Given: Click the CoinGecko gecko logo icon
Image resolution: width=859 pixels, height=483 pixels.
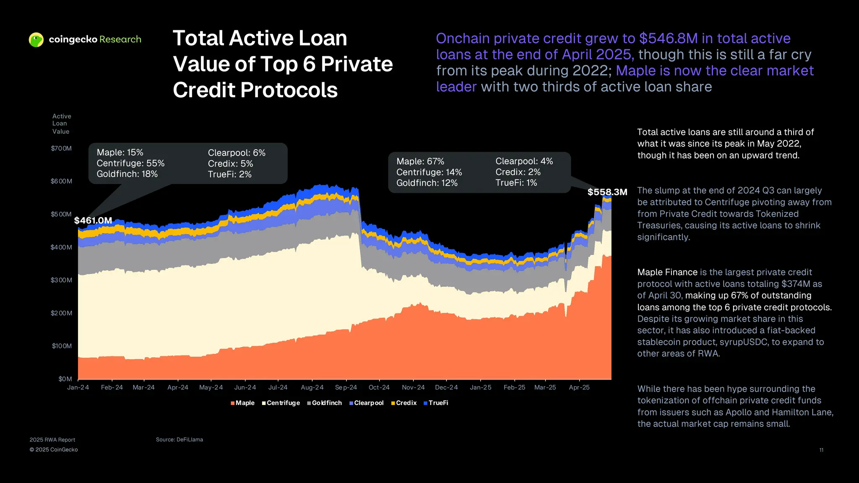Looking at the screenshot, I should pyautogui.click(x=36, y=40).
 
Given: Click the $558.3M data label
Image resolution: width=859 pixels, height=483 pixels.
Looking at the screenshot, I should pyautogui.click(x=607, y=192).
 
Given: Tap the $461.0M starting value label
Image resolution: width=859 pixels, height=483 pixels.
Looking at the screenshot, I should pyautogui.click(x=93, y=221).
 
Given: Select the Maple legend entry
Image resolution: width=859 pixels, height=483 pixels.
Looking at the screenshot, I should pyautogui.click(x=242, y=403).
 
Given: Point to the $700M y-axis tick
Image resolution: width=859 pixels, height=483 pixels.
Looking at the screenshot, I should pyautogui.click(x=61, y=148).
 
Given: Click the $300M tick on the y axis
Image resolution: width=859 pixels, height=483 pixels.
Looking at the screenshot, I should pyautogui.click(x=61, y=280).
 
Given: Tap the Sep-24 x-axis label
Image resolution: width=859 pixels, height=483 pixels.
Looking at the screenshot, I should pyautogui.click(x=346, y=387).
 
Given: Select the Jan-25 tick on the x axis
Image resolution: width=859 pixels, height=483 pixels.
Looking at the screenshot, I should pyautogui.click(x=481, y=387).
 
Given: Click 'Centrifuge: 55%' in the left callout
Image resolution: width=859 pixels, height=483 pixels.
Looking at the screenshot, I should pyautogui.click(x=130, y=164).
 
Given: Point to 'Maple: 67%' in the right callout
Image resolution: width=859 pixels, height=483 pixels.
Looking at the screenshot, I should pyautogui.click(x=420, y=161).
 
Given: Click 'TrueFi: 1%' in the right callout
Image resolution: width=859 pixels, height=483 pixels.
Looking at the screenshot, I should pyautogui.click(x=516, y=183).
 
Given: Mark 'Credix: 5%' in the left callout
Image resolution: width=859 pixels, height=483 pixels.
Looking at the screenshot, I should pyautogui.click(x=230, y=164).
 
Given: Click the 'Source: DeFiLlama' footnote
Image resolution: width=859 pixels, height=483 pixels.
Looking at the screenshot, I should pyautogui.click(x=180, y=439).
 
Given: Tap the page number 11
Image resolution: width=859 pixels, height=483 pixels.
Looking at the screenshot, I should pyautogui.click(x=821, y=450).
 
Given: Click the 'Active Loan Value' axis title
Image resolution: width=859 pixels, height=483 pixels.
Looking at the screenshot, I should pyautogui.click(x=61, y=124).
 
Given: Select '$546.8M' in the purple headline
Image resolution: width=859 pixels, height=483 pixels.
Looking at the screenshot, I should pyautogui.click(x=668, y=39).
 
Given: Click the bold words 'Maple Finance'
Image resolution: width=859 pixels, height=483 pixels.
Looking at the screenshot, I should pyautogui.click(x=667, y=272).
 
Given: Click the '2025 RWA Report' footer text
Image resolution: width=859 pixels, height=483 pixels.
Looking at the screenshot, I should pyautogui.click(x=52, y=440).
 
